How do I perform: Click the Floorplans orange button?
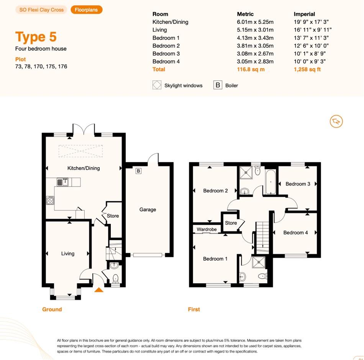[x=86, y=10]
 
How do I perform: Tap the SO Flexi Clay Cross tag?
[x=41, y=10]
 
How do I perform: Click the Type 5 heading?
[x=36, y=37]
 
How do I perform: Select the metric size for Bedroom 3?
[x=255, y=54]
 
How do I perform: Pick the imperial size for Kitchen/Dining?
[x=311, y=22]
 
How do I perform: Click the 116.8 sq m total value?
[x=251, y=69]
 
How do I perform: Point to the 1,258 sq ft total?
[x=307, y=69]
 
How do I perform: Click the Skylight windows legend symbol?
[x=157, y=85]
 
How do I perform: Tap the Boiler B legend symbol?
[x=218, y=85]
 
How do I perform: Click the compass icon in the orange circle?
[x=336, y=121]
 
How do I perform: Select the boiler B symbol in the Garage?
[x=138, y=171]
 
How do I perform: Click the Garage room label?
[x=148, y=209]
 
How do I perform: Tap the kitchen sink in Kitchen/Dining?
[x=63, y=182]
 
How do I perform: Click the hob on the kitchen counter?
[x=50, y=201]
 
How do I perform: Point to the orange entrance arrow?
[x=98, y=290]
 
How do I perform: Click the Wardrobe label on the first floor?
[x=207, y=229]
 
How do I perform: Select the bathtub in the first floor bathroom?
[x=271, y=182]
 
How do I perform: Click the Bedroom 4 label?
[x=295, y=232]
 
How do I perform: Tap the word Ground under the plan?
[x=52, y=309]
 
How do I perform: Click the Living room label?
[x=68, y=253]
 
